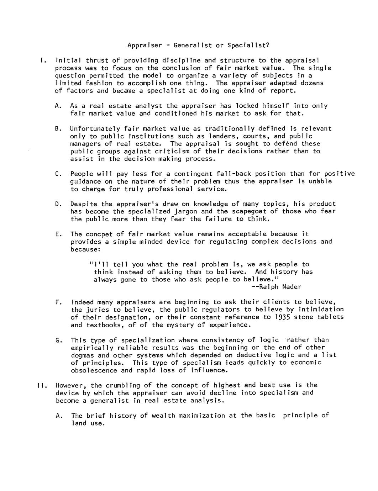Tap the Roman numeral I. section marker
pyautogui.click(x=42, y=60)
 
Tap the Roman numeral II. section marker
pyautogui.click(x=41, y=385)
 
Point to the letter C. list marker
pyautogui.click(x=58, y=174)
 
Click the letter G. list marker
pyautogui.click(x=58, y=340)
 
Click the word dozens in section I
pyautogui.click(x=312, y=83)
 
